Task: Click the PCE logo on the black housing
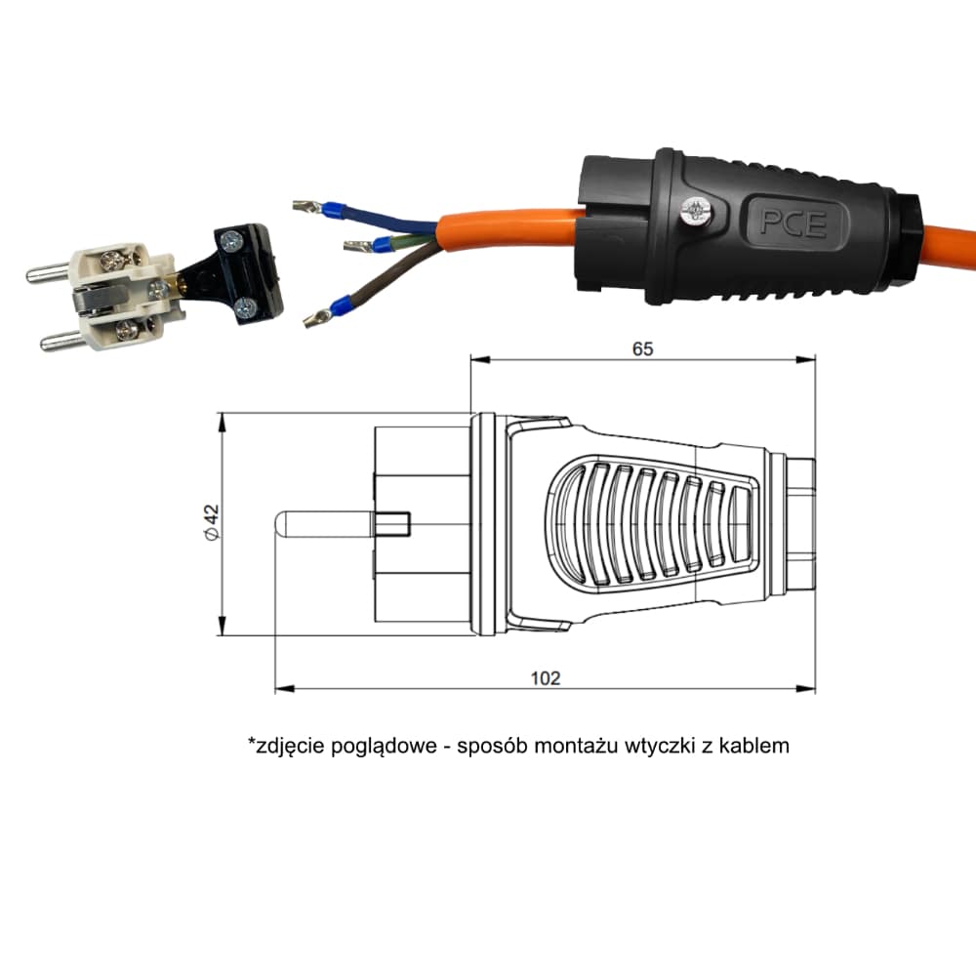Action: pos(793,223)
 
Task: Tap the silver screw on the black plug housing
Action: pos(695,211)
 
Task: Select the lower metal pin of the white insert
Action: pos(63,341)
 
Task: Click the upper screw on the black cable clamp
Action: pos(231,240)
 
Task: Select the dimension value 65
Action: pos(642,349)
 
